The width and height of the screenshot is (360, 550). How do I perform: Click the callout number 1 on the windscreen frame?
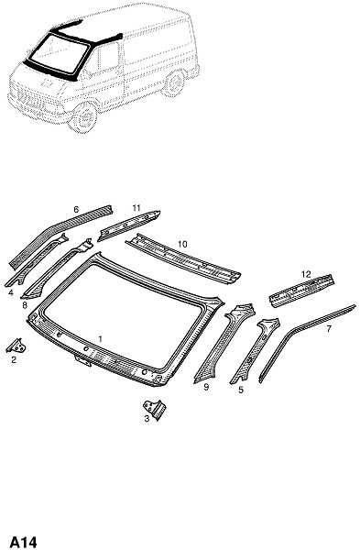101,339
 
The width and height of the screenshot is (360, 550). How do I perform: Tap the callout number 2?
14,359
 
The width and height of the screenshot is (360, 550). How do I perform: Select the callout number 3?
147,419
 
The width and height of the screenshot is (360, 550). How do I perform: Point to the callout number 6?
76,210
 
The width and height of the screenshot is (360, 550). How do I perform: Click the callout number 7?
329,329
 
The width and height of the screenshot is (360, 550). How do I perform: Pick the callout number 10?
182,244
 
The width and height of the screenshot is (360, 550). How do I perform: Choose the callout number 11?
136,208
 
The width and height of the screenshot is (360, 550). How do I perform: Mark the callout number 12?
306,274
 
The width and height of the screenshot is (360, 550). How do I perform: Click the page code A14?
23,543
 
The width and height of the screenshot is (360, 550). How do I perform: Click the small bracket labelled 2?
16,346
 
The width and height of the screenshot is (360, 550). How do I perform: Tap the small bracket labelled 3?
156,410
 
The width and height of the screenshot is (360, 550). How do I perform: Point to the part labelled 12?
301,291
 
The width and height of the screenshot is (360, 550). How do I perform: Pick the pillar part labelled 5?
255,352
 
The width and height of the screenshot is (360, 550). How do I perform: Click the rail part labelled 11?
128,226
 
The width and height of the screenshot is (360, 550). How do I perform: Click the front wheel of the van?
83,118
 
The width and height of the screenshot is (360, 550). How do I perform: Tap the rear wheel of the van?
174,83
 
